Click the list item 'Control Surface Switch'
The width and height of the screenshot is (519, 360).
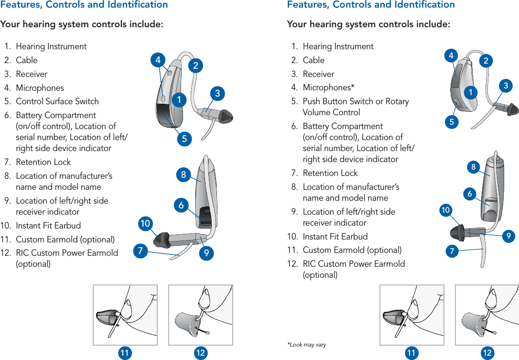tap(57, 101)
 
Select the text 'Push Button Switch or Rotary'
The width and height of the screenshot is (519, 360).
tap(356, 101)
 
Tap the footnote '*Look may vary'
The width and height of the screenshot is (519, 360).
tap(306, 345)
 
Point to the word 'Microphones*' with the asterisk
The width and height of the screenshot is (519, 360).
tap(328, 87)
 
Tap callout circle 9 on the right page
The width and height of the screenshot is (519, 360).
tap(509, 236)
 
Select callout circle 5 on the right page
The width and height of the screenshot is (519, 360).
tap(452, 122)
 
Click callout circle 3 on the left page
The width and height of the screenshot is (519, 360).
tap(217, 93)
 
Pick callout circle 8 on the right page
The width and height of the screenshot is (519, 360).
tap(473, 167)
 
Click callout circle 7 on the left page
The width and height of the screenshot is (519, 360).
tap(140, 251)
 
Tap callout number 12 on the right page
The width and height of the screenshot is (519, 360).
tap(487, 353)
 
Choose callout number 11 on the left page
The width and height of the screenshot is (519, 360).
tap(125, 353)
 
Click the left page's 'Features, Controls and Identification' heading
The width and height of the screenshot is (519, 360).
tap(84, 5)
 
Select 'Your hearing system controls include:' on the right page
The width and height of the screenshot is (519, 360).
tap(368, 24)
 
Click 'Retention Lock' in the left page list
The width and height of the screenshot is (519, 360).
tap(43, 162)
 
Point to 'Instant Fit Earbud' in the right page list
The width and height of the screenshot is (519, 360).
tap(335, 237)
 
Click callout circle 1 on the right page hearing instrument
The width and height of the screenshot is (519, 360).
tap(472, 92)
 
